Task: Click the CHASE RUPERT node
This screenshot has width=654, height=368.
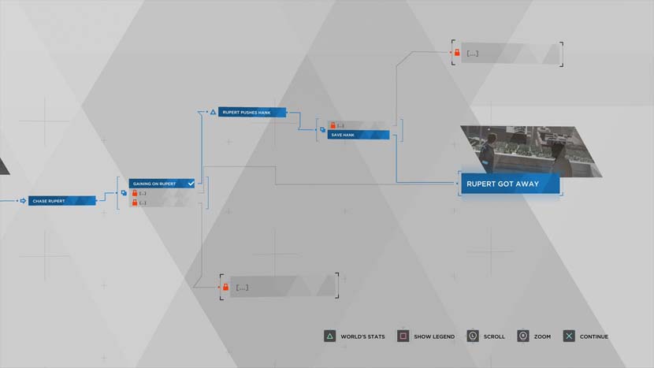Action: point(62,201)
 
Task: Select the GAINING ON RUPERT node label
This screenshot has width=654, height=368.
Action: point(154,184)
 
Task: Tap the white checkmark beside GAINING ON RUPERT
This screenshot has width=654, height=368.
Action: point(191,183)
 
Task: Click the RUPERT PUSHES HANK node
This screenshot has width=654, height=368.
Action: point(247,112)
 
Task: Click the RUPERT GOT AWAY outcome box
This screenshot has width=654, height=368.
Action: point(509,184)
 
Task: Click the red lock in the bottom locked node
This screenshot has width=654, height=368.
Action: point(225,287)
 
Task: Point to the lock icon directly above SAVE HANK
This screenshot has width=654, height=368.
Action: point(333,125)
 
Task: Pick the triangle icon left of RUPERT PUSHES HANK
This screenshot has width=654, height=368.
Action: point(212,112)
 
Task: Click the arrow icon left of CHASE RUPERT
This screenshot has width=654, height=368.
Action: point(23,201)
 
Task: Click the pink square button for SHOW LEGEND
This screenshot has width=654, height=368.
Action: point(403,336)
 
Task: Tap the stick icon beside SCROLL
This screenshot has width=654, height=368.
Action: point(472,336)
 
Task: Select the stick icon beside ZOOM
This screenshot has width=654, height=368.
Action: point(522,336)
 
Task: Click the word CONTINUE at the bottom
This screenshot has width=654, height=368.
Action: point(594,336)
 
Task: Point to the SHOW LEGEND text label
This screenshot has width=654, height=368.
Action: point(434,336)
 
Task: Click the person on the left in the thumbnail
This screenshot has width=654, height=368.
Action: point(490,151)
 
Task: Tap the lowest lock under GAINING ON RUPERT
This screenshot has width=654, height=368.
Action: point(134,203)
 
